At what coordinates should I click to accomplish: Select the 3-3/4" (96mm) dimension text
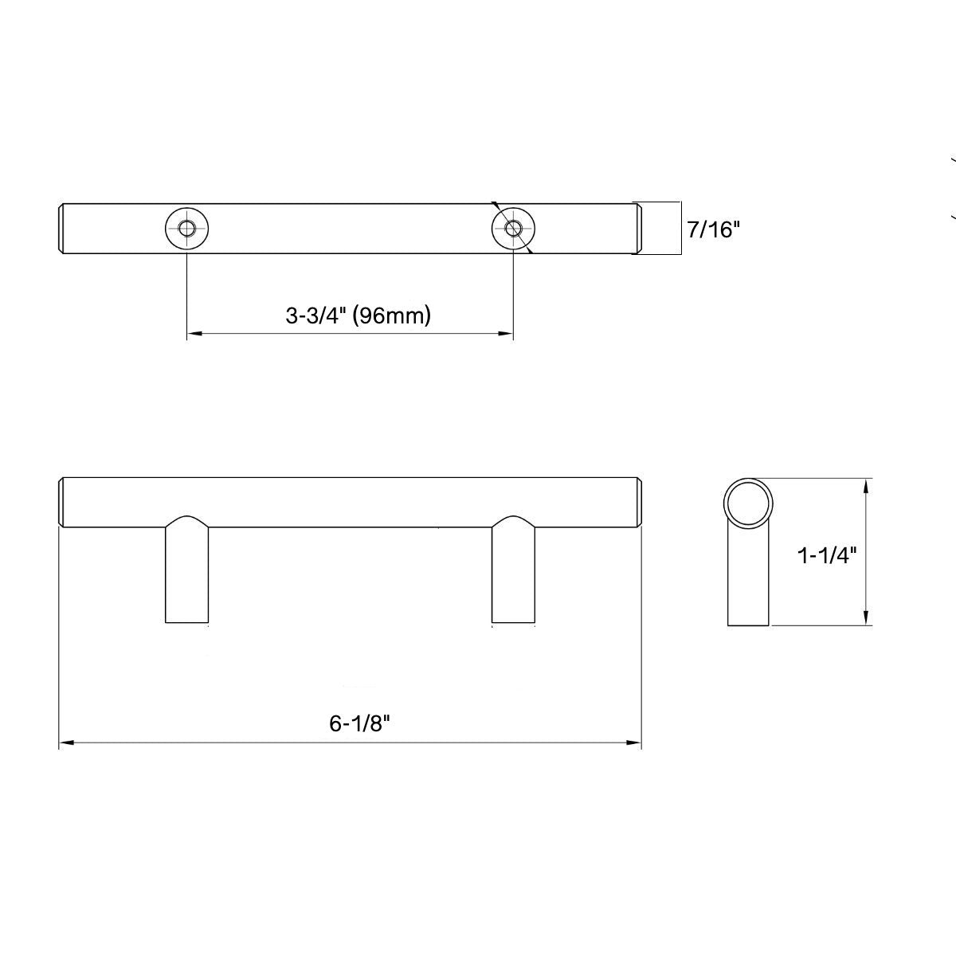pos(358,315)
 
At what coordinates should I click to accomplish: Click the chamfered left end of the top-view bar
pos(62,229)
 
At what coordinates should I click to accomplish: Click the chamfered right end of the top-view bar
pos(637,229)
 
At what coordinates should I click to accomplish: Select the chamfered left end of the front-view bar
pos(62,502)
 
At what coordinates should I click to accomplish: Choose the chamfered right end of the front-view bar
pos(639,502)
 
